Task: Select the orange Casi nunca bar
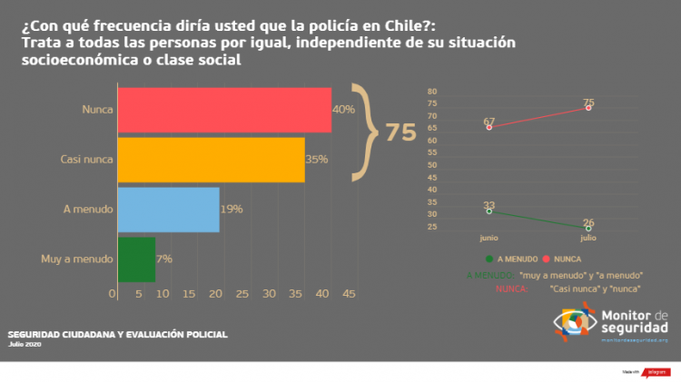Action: coord(211,160)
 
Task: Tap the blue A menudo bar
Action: coord(168,210)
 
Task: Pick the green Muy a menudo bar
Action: coord(136,260)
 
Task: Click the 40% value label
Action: coord(343,110)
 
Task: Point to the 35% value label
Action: coord(317,160)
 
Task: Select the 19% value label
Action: coord(232,210)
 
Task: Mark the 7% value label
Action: coord(164,260)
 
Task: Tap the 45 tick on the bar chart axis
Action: coord(350,294)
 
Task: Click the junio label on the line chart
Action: coord(489,238)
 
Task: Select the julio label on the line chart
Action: coord(588,238)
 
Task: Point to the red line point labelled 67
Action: coord(489,127)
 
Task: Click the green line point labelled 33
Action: coord(489,211)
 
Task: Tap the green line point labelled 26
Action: coord(588,229)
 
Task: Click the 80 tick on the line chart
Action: coord(432,92)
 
